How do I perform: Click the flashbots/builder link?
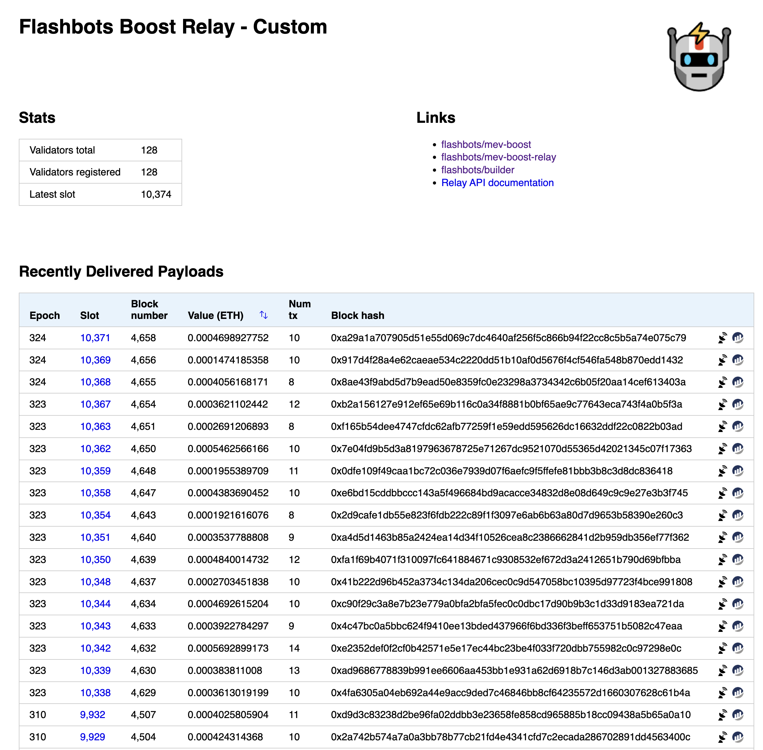(x=477, y=170)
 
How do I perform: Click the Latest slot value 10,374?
(x=156, y=194)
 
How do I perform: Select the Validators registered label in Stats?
(x=75, y=172)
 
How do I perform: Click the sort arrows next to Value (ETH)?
(x=264, y=315)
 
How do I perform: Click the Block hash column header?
(x=357, y=315)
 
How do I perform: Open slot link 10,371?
(x=95, y=338)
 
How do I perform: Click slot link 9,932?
(x=92, y=715)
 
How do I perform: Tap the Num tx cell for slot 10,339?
(x=294, y=670)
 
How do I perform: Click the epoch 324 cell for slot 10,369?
(x=37, y=360)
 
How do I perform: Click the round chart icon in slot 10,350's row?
(x=737, y=559)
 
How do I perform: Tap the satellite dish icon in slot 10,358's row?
(x=722, y=493)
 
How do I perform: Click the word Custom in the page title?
(x=290, y=27)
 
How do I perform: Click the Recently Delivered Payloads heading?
(x=121, y=271)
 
